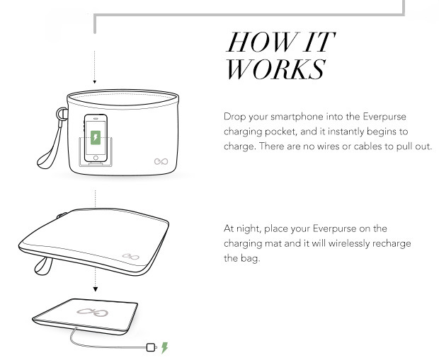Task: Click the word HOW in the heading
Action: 263,42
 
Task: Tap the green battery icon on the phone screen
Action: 96,138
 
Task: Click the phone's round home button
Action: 96,158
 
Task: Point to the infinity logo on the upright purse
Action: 161,161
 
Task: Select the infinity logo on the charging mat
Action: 92,312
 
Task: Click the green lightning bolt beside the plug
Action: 164,348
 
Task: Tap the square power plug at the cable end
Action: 151,347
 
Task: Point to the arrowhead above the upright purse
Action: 95,81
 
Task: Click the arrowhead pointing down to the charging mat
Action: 95,289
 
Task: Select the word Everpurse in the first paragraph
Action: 384,117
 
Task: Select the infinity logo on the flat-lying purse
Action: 131,256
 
